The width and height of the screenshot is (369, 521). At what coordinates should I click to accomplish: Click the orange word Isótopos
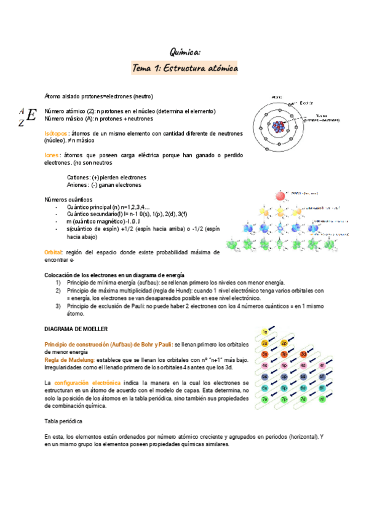57,133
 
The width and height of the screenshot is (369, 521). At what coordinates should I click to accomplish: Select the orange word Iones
52,155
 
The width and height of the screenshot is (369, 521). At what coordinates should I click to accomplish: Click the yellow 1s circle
265,332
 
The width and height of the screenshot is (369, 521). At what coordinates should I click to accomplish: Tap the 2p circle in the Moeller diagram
284,343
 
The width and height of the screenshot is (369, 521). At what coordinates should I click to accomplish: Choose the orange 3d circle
303,355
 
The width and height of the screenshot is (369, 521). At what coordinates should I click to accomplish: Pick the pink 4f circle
322,366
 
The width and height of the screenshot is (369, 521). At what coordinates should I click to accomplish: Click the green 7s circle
265,399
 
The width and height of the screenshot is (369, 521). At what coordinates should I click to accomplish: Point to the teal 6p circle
284,388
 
